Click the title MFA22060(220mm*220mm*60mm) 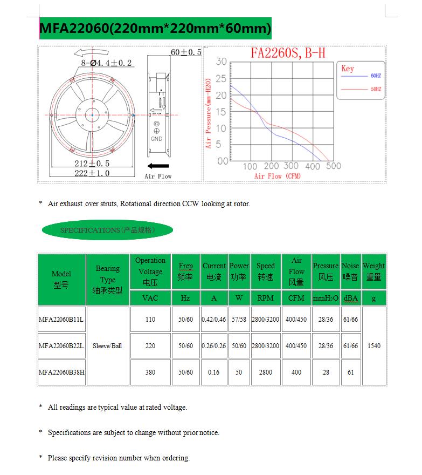(155, 28)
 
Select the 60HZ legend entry (375, 76)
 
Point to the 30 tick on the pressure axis (222, 62)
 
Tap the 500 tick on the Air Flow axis (334, 166)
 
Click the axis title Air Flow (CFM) (277, 176)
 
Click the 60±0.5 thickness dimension (185, 52)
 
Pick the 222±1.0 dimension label (92, 173)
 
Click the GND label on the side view (156, 139)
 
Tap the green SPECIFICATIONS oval (107, 230)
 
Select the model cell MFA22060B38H (61, 372)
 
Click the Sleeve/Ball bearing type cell (108, 346)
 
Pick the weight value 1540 (373, 346)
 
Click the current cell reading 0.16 (214, 372)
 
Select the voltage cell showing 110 (150, 320)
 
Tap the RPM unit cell (265, 298)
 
